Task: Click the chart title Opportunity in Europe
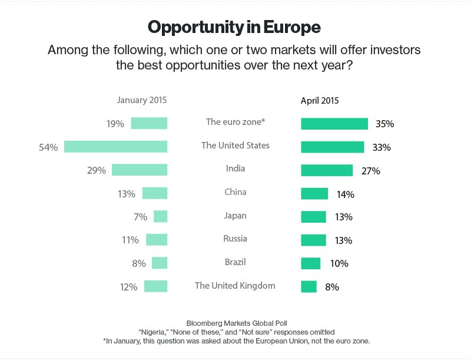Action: click(x=234, y=27)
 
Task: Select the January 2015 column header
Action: click(x=141, y=100)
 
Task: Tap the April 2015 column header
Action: click(x=320, y=100)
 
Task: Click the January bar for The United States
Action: click(x=116, y=147)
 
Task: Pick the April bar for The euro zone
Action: click(x=334, y=124)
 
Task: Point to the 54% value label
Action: click(x=48, y=147)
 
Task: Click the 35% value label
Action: click(x=384, y=124)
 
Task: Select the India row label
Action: click(x=235, y=169)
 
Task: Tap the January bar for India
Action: click(x=140, y=170)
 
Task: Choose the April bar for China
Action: click(x=314, y=194)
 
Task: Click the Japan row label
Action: click(x=235, y=216)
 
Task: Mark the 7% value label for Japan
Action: click(x=140, y=217)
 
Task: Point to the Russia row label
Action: click(x=235, y=239)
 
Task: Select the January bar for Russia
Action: click(x=157, y=240)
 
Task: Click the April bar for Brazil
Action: click(x=311, y=263)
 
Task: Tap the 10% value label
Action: click(x=339, y=264)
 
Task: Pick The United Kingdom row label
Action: click(x=235, y=286)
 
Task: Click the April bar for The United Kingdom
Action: click(x=309, y=287)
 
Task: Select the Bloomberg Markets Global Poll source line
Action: click(x=235, y=323)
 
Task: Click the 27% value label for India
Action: click(x=371, y=171)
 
